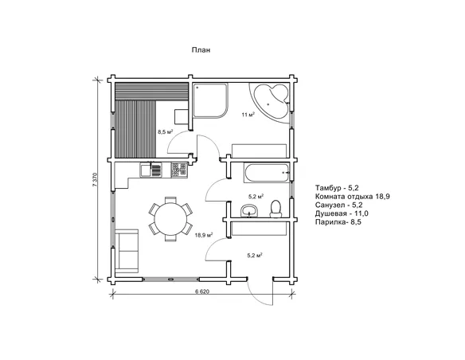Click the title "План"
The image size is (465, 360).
tap(201, 50)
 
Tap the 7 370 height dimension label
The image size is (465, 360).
tap(95, 179)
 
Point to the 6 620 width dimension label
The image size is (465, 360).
tap(202, 292)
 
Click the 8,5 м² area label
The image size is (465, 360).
tap(166, 132)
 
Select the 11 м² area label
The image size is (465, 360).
tap(248, 115)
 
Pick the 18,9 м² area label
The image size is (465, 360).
tap(204, 236)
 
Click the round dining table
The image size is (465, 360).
tap(171, 219)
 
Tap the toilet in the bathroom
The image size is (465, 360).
tap(275, 209)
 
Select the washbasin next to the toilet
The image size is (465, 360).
tap(249, 210)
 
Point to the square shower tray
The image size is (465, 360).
tap(211, 100)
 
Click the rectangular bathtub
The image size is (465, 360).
tap(267, 173)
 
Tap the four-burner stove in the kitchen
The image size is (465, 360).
tap(179, 170)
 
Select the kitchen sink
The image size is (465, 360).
tap(151, 170)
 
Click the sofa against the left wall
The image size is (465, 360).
tap(127, 251)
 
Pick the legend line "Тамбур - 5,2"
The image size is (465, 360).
tap(337, 188)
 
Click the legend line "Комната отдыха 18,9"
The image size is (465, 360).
tap(352, 196)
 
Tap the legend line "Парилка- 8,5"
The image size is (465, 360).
tap(338, 222)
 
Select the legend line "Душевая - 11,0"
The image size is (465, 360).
tap(342, 213)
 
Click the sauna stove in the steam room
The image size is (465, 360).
tap(182, 117)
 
